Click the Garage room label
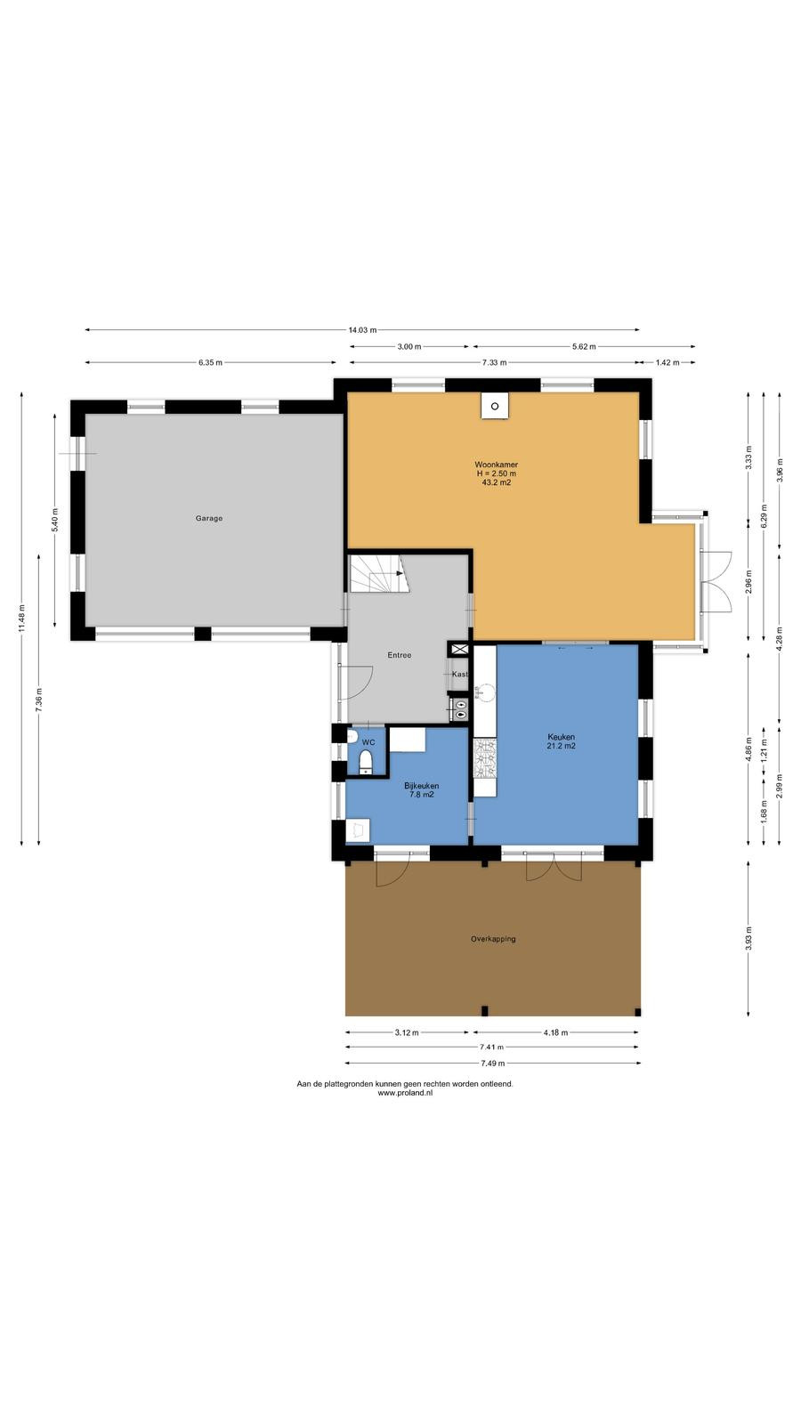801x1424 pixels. pos(209,518)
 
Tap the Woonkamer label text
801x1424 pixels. pos(496,465)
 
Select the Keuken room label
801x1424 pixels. pos(561,737)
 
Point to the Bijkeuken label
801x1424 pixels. pos(422,786)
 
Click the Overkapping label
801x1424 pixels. pos(493,939)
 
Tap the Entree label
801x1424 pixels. pos(400,655)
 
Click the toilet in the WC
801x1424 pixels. pos(366,761)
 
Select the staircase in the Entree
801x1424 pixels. pos(379,573)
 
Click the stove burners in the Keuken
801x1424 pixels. pos(485,757)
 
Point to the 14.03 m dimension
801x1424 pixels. pos(362,330)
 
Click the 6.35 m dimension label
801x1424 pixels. pos(210,362)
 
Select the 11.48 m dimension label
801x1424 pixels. pos(22,618)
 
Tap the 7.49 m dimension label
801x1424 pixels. pos(493,1063)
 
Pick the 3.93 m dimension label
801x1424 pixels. pos(748,938)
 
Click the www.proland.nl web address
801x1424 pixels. pos(405,1093)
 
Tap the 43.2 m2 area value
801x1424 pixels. pos(497,482)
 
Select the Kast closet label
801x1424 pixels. pos(459,674)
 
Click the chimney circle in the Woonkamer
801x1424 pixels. pos(495,406)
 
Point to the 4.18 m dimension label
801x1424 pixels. pos(555,1032)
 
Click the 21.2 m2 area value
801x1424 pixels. pos(562,746)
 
